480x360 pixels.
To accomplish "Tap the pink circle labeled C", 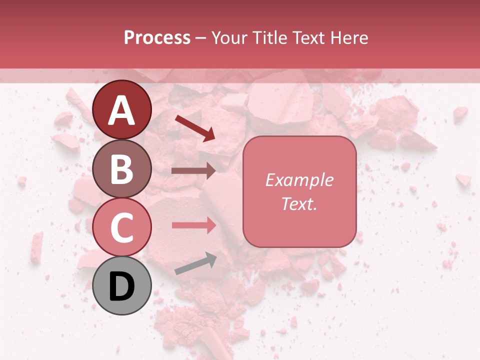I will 122,227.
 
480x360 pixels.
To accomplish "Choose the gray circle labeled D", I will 122,286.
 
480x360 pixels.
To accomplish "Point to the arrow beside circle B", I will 193,171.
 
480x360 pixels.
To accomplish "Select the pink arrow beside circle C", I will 193,225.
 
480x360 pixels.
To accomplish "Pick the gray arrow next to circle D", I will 195,264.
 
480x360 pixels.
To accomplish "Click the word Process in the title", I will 157,38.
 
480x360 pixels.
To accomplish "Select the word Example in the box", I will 299,180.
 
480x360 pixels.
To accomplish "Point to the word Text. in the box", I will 299,203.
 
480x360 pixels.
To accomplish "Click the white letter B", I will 122,169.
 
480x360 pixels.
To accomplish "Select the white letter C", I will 122,228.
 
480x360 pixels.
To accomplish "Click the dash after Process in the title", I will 200,38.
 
